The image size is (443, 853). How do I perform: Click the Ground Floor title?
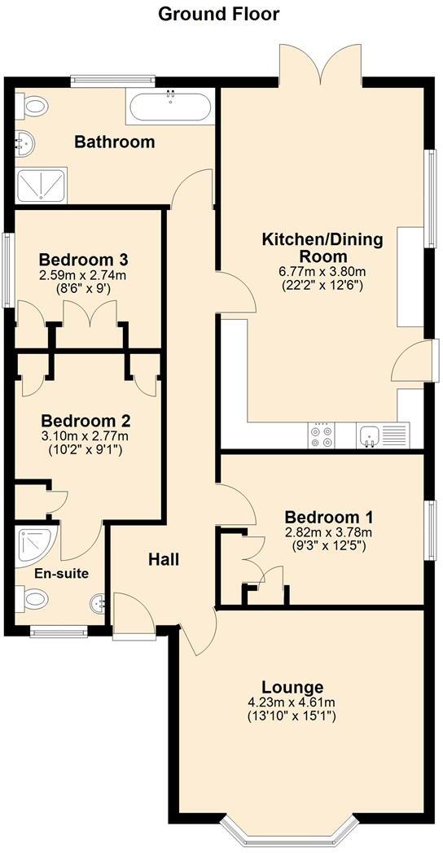pos(218,14)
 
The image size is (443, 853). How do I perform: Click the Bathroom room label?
pos(115,142)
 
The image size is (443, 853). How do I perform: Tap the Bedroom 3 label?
pos(85,260)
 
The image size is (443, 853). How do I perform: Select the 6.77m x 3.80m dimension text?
pos(314,271)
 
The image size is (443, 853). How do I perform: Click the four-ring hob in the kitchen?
pos(321,435)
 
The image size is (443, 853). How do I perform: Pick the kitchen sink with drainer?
pos(383,435)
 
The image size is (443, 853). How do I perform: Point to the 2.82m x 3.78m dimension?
pos(328,533)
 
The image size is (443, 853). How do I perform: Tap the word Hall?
pos(164,560)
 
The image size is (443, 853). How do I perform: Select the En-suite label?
pos(61,573)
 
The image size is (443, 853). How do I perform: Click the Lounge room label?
pos(292,687)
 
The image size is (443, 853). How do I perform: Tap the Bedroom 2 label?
pos(86,422)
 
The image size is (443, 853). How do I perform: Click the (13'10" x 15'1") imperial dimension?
pos(292,717)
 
